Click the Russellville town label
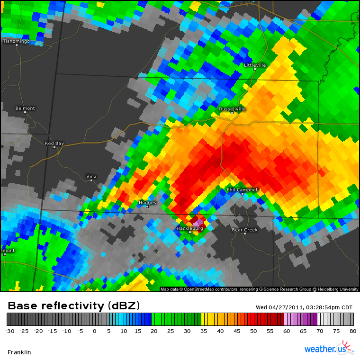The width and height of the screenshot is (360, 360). coord(232,108)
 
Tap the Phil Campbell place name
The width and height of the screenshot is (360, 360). coord(243,189)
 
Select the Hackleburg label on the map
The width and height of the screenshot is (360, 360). coord(189,228)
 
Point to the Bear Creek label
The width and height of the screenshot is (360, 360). coord(244,230)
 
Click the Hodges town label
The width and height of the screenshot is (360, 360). coord(147,202)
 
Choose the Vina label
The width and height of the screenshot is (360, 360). coord(91,176)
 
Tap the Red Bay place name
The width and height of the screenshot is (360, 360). coord(54,143)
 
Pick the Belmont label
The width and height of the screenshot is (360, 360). coord(25,108)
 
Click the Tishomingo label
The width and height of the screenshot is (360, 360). coord(17,41)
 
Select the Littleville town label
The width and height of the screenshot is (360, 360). coord(255,65)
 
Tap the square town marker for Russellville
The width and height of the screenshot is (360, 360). coord(232,113)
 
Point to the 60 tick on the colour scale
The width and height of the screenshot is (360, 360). coord(287,331)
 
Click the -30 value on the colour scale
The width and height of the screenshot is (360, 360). coord(9,331)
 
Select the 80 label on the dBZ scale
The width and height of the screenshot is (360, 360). coord(353,331)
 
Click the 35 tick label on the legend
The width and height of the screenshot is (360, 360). coord(203,331)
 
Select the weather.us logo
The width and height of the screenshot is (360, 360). coord(329,349)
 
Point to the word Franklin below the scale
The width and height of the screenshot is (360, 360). coord(19,352)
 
